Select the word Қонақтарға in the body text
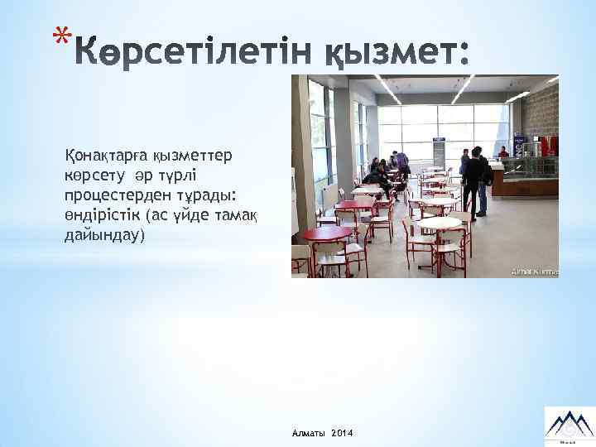[98, 156]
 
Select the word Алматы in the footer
[308, 434]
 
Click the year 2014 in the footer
[340, 434]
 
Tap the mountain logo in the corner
[566, 423]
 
